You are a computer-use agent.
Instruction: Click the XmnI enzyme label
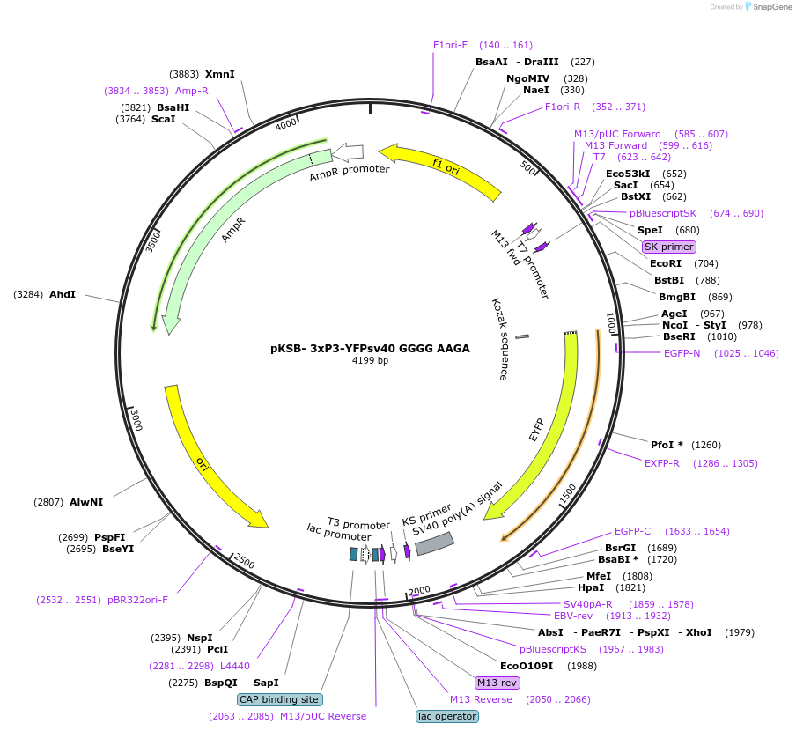pos(219,75)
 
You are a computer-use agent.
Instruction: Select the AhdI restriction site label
pos(63,294)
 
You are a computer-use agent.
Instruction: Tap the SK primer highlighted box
pos(668,247)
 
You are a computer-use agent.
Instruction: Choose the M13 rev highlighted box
pos(497,683)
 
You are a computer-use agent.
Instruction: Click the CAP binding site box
pos(279,699)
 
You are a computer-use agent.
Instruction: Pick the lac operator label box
pos(447,716)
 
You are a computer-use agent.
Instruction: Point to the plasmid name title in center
pos(370,348)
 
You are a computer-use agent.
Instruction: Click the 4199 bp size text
pos(370,361)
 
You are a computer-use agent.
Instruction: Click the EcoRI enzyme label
pos(666,263)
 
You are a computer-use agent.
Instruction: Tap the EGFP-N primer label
pos(682,353)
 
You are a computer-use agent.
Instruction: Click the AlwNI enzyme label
pos(86,502)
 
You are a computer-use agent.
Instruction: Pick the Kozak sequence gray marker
pos(522,336)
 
